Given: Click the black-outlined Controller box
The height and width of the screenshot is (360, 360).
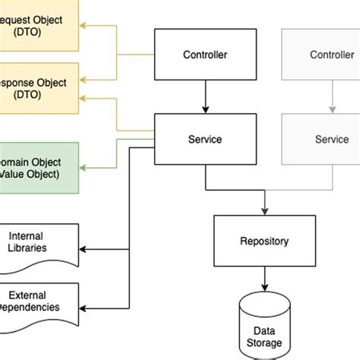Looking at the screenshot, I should click(205, 55).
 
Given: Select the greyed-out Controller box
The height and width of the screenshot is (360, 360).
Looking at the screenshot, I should click(331, 55).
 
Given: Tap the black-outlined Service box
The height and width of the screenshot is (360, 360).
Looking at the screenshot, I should click(205, 139).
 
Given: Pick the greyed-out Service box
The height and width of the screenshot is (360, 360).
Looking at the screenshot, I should click(331, 139).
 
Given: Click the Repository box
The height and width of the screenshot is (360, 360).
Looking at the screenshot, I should click(264, 242).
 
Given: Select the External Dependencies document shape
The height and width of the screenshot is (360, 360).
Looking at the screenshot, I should click(38, 301).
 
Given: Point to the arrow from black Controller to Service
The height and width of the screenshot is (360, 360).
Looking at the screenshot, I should click(205, 97).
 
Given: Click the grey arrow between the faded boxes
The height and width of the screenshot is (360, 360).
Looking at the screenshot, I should click(331, 97).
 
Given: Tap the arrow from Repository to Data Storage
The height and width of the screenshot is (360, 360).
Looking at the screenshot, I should click(264, 279).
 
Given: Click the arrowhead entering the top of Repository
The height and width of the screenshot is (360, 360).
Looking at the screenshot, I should click(264, 210).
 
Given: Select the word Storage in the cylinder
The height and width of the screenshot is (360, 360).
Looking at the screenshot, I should click(264, 343).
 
